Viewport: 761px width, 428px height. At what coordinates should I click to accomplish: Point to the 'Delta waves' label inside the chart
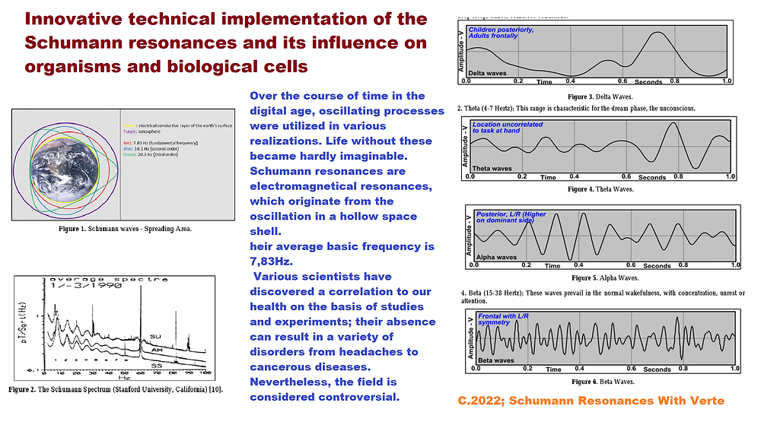(486, 74)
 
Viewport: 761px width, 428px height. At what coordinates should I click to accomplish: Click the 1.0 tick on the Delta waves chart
(727, 81)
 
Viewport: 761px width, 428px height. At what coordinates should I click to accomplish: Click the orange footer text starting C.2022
(591, 401)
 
